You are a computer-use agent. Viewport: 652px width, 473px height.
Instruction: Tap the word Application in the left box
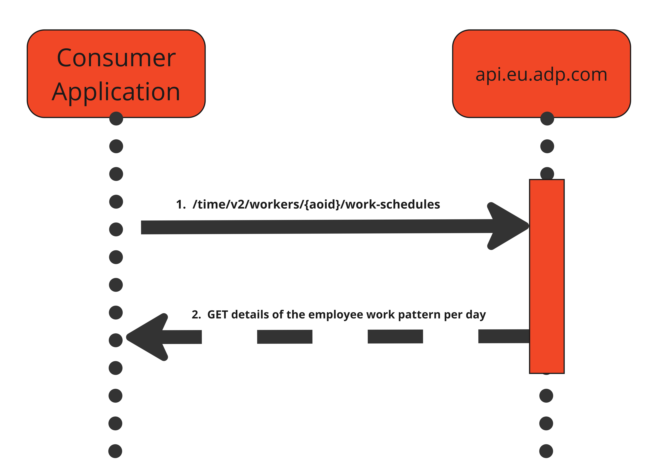[116, 92]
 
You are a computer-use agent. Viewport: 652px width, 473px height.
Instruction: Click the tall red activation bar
[547, 276]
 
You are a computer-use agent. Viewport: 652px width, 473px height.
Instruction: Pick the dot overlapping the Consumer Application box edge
[116, 118]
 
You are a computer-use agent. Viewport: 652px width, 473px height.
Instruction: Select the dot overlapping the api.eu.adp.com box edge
[547, 118]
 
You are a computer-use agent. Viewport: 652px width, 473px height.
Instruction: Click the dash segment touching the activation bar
[504, 336]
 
